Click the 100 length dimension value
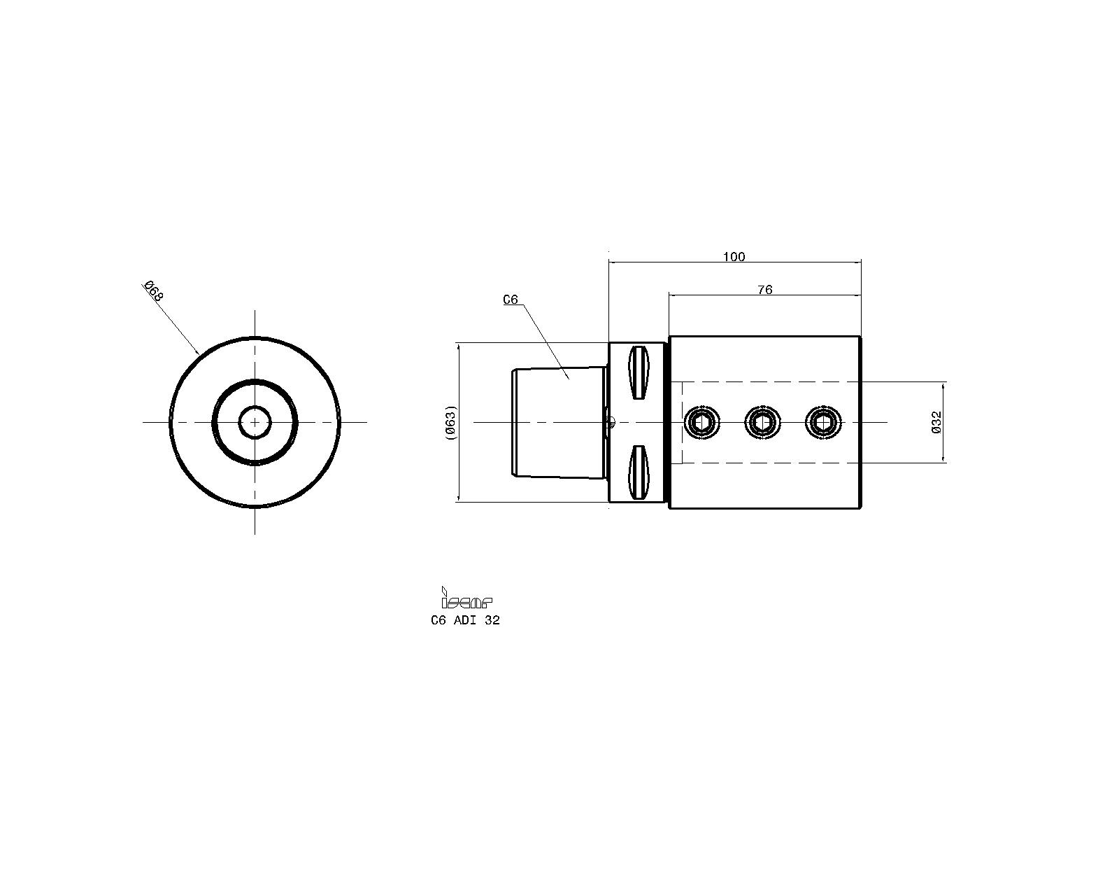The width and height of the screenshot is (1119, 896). pyautogui.click(x=734, y=257)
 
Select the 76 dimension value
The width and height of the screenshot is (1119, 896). pyautogui.click(x=765, y=290)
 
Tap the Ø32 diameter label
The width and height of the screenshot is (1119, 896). pyautogui.click(x=936, y=422)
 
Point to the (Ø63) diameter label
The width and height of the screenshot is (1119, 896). pyautogui.click(x=451, y=422)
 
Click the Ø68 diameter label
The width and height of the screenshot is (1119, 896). pyautogui.click(x=153, y=291)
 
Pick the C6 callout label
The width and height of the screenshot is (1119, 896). pyautogui.click(x=510, y=300)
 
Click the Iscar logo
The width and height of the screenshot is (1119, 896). pyautogui.click(x=466, y=598)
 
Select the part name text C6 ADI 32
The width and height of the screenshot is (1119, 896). pyautogui.click(x=465, y=620)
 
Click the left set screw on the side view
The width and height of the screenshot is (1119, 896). pyautogui.click(x=702, y=422)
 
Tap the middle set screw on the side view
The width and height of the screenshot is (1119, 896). pyautogui.click(x=763, y=422)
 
